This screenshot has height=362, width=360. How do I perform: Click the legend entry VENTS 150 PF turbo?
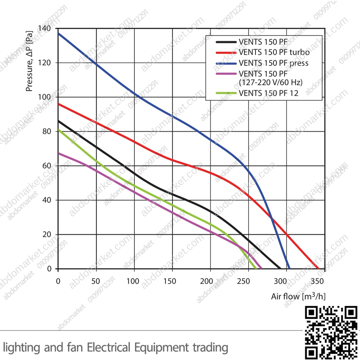tap(274, 52)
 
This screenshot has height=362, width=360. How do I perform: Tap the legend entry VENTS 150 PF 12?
tap(268, 93)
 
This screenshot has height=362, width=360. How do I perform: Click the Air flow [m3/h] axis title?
tap(298, 296)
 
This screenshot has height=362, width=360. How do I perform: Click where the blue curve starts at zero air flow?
tap(59, 33)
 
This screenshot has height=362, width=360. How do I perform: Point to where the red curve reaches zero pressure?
tap(318, 268)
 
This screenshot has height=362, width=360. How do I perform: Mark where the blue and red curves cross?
tap(272, 219)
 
